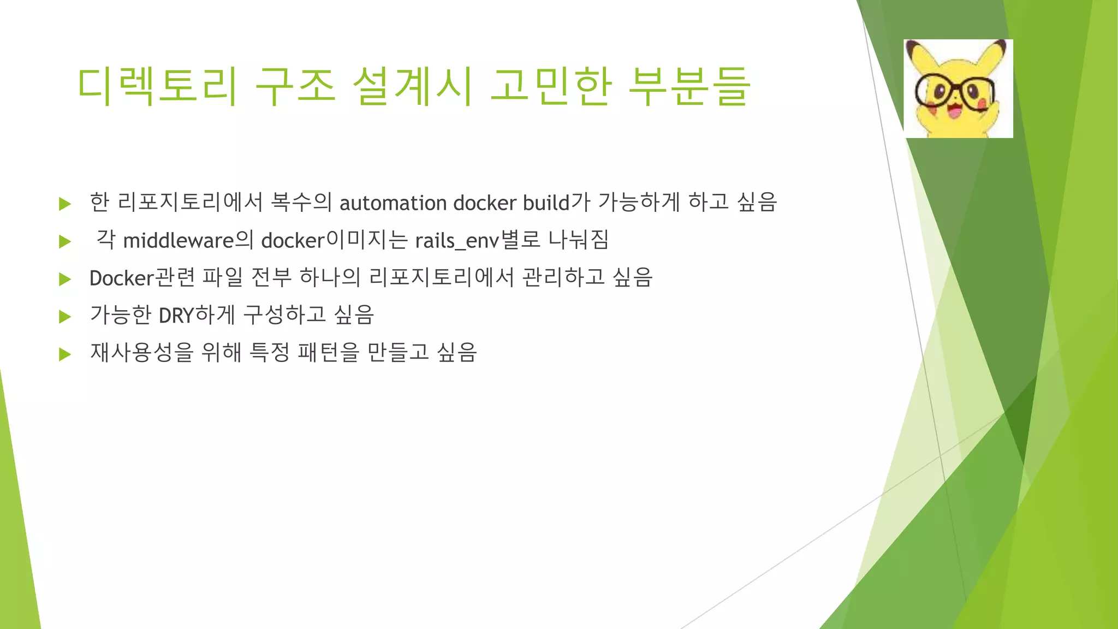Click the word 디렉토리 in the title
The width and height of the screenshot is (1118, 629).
[x=157, y=86]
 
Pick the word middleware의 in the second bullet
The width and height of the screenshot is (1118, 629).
[x=188, y=240]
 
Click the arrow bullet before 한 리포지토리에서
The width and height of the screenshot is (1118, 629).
[x=65, y=204]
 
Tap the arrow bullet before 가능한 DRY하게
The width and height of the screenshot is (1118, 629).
[x=65, y=316]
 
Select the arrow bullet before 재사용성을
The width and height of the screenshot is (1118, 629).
[x=65, y=354]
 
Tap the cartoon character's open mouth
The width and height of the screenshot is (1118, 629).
[x=955, y=111]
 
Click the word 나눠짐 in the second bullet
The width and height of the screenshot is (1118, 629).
[x=578, y=240]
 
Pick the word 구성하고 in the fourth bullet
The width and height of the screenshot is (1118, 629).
[x=284, y=315]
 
